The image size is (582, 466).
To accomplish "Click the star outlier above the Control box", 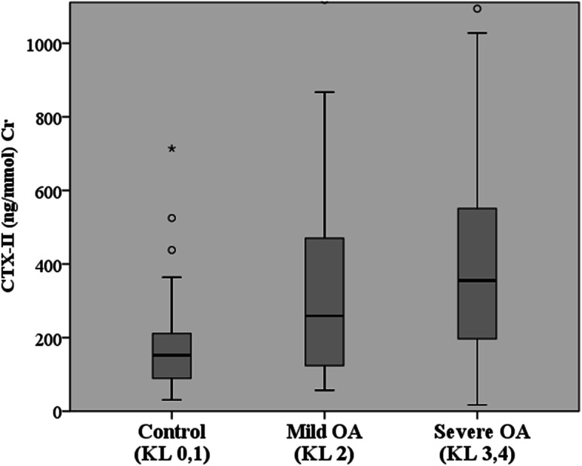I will (x=172, y=149).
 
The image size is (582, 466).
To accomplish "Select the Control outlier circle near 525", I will (x=172, y=218).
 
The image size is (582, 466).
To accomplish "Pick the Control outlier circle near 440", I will (x=172, y=250).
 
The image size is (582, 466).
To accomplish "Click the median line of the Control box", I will (x=172, y=355).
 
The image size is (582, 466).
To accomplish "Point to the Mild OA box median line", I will (x=325, y=316).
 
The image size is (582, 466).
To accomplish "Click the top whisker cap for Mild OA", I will (x=325, y=92).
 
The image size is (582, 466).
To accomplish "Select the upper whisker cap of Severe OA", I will (x=477, y=33).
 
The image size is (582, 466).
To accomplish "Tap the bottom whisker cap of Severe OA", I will (x=477, y=405).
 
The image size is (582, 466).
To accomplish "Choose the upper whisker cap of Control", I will (x=172, y=277).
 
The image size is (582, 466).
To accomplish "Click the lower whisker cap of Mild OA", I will (x=325, y=390).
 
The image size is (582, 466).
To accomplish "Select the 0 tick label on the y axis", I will (x=55, y=411).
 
